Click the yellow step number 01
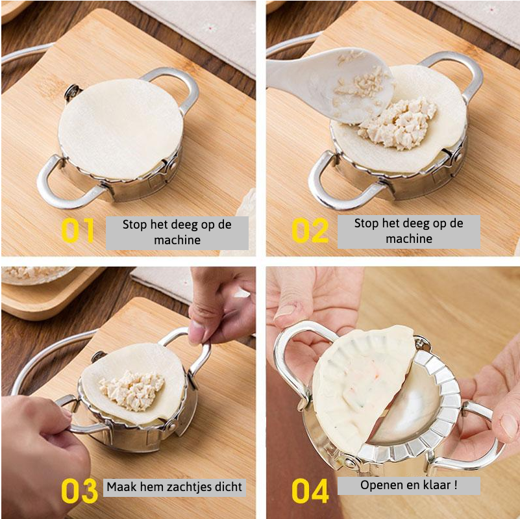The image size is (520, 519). pyautogui.click(x=79, y=231)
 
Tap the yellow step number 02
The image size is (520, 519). pyautogui.click(x=310, y=231)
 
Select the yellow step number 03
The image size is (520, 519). pyautogui.click(x=79, y=492)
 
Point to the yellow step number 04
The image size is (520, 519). pyautogui.click(x=310, y=492)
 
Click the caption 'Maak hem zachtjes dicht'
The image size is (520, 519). pyautogui.click(x=175, y=487)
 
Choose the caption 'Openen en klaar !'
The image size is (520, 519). pyautogui.click(x=408, y=485)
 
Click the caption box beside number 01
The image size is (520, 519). pyautogui.click(x=177, y=233)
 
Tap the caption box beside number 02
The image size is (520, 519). pyautogui.click(x=408, y=231)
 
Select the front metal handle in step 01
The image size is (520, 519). pyautogui.click(x=65, y=185)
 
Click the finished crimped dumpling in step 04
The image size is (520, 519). pyautogui.click(x=360, y=383)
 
